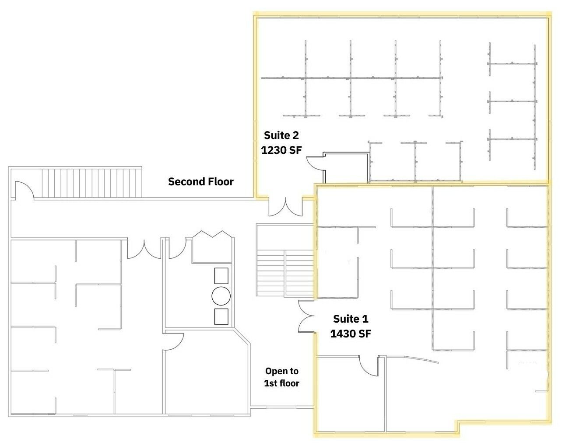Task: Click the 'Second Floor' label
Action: pyautogui.click(x=200, y=181)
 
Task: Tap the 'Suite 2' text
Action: pyautogui.click(x=281, y=135)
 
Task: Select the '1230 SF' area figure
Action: pyautogui.click(x=281, y=150)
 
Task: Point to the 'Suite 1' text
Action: pyautogui.click(x=351, y=319)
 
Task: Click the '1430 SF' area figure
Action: pyautogui.click(x=351, y=334)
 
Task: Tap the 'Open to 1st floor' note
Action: pyautogui.click(x=281, y=377)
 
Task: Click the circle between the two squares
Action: pyautogui.click(x=221, y=296)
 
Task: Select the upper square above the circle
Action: pyautogui.click(x=221, y=276)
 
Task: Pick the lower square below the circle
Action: pyautogui.click(x=221, y=316)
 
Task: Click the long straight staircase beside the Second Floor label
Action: pyautogui.click(x=92, y=183)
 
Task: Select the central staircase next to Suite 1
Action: pyautogui.click(x=285, y=273)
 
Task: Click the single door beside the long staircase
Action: pyautogui.click(x=24, y=191)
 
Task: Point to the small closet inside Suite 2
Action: pyautogui.click(x=346, y=168)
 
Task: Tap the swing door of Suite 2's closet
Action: pyautogui.click(x=315, y=163)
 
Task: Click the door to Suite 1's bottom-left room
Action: pyautogui.click(x=368, y=366)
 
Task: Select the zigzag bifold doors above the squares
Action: pyautogui.click(x=212, y=234)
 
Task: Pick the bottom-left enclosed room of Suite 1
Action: pyautogui.click(x=350, y=394)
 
